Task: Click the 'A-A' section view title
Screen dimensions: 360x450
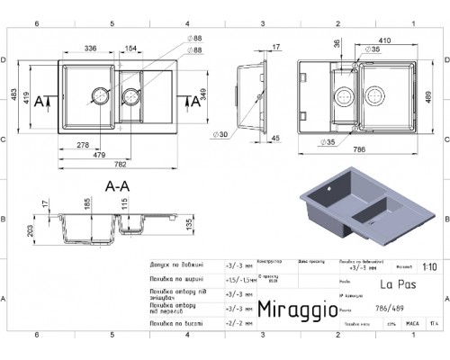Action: (x=119, y=186)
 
